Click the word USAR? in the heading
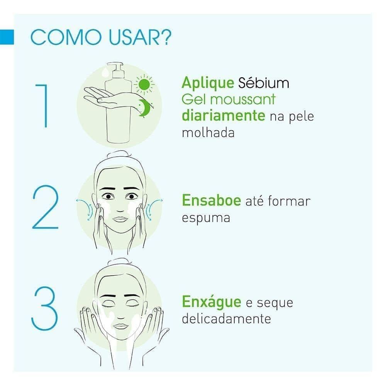click(140, 37)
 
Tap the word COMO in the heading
click(66, 37)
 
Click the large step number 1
click(42, 106)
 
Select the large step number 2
click(46, 207)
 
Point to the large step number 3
click(44, 308)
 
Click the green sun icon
click(144, 85)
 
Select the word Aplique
click(208, 83)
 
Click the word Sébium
click(264, 83)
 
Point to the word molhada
click(208, 133)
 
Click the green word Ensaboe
click(212, 200)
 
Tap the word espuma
click(206, 218)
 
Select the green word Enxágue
click(212, 302)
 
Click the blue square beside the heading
click(7, 37)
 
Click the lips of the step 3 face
click(120, 326)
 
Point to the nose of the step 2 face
click(120, 210)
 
